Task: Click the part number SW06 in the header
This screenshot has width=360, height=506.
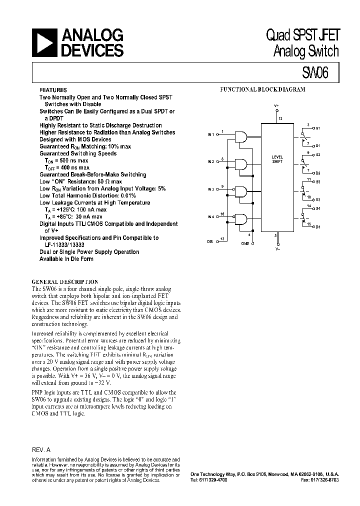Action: (315, 73)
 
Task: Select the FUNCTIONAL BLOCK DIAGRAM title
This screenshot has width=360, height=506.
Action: (263, 89)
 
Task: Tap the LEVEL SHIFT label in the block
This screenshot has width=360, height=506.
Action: (277, 159)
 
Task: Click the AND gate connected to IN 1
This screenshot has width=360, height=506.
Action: (241, 136)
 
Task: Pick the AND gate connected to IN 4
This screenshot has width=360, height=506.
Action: (241, 219)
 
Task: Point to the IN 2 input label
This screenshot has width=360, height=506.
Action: (210, 162)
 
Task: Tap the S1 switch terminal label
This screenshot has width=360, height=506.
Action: (318, 128)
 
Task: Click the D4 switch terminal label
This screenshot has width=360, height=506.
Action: (318, 227)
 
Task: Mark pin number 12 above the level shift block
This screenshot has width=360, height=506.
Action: (280, 118)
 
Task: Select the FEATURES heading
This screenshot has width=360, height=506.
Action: (52, 90)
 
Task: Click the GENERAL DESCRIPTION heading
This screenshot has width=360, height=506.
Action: (64, 282)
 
